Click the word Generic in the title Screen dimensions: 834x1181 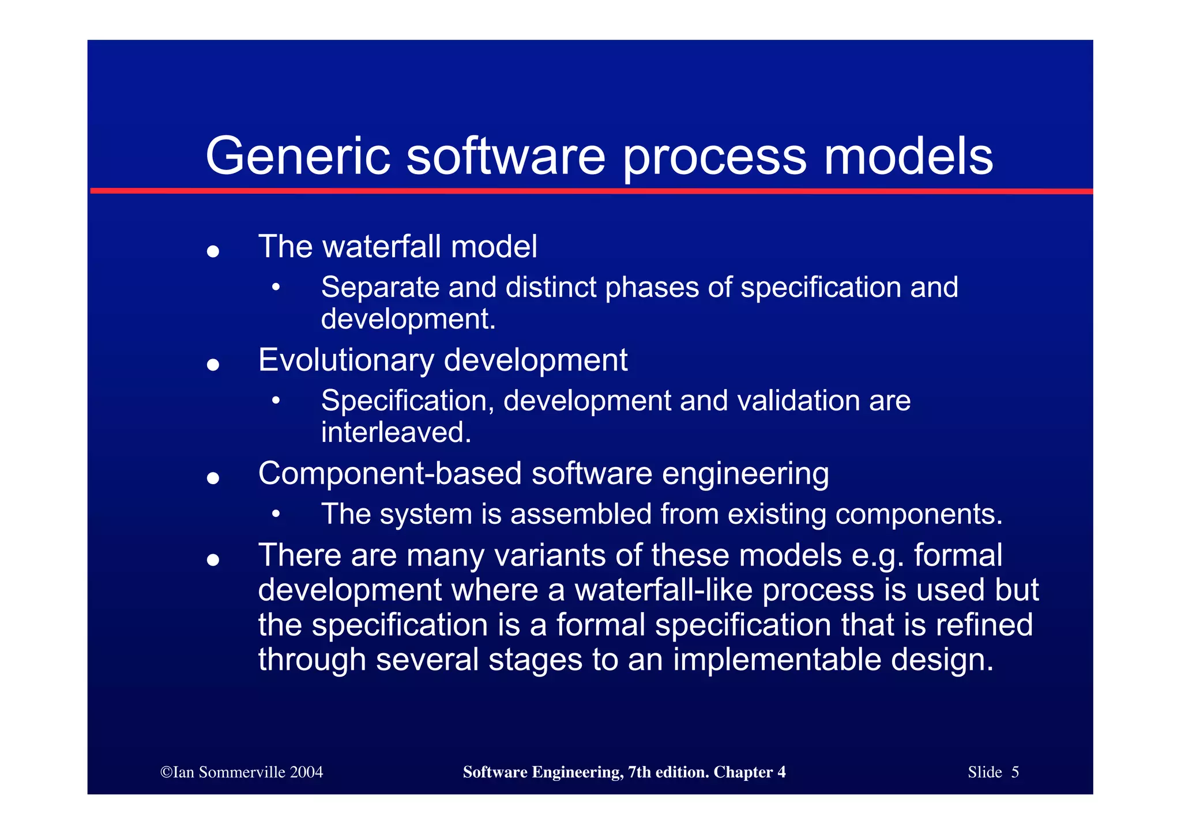pyautogui.click(x=298, y=157)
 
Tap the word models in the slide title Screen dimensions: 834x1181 pyautogui.click(x=908, y=157)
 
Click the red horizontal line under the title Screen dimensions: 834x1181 pyautogui.click(x=590, y=191)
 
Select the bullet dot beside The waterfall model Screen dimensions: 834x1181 pyautogui.click(x=213, y=251)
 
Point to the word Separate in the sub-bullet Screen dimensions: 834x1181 pyautogui.click(x=380, y=287)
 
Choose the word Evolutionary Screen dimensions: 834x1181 pyautogui.click(x=346, y=360)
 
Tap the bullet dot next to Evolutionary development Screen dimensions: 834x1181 pyautogui.click(x=213, y=365)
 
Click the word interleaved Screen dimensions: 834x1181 pyautogui.click(x=396, y=432)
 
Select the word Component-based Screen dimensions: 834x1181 pyautogui.click(x=390, y=474)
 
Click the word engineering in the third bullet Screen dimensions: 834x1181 pyautogui.click(x=745, y=474)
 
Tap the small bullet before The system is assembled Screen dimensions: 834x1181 pyautogui.click(x=276, y=514)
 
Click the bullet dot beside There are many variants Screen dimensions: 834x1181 pyautogui.click(x=213, y=560)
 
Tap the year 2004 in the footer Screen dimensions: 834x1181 pyautogui.click(x=306, y=772)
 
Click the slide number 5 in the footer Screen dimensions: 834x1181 pyautogui.click(x=1015, y=772)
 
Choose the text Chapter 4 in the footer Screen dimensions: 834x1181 pyautogui.click(x=749, y=772)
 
